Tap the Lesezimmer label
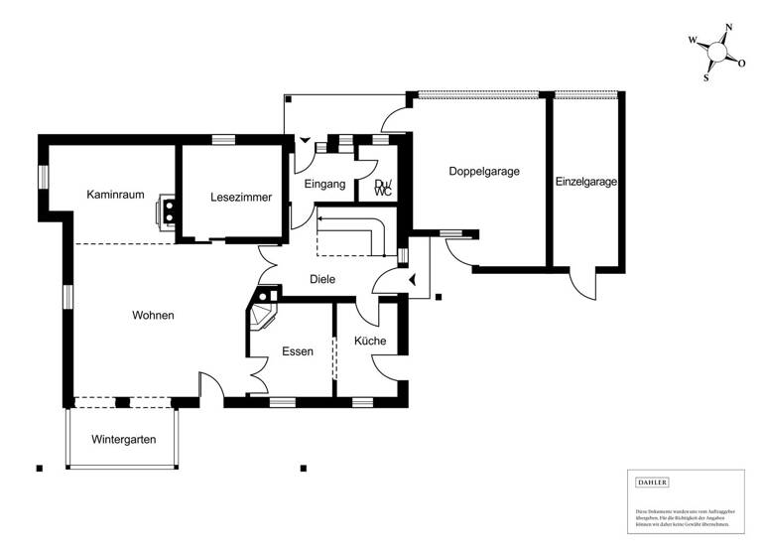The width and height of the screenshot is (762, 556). [x=241, y=198]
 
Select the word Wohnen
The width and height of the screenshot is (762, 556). [x=153, y=316]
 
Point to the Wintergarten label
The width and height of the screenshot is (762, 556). [x=124, y=439]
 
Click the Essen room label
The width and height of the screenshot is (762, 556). [x=298, y=351]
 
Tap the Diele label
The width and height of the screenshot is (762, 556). [x=322, y=280]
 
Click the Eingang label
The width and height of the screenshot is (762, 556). [x=324, y=185]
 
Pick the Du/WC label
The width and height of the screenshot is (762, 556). [x=383, y=187]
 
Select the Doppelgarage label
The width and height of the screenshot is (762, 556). [x=484, y=171]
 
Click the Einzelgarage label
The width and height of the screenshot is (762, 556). [x=586, y=182]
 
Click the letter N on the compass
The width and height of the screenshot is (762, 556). [x=728, y=28]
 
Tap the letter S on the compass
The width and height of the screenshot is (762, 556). [x=706, y=76]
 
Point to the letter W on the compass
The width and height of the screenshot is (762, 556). [x=693, y=42]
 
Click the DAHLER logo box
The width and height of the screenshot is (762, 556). [x=652, y=483]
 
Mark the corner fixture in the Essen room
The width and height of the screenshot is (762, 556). [x=265, y=310]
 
